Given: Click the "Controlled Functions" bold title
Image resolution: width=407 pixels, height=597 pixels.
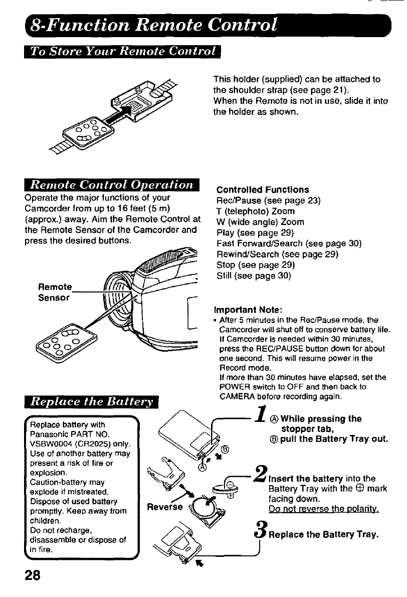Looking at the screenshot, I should click(263, 190).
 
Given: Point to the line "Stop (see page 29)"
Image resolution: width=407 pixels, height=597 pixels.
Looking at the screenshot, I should click(255, 265).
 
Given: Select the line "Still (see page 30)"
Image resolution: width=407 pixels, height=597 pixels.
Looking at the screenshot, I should click(254, 276).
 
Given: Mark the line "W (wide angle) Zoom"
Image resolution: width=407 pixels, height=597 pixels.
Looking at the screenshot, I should click(260, 222).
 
